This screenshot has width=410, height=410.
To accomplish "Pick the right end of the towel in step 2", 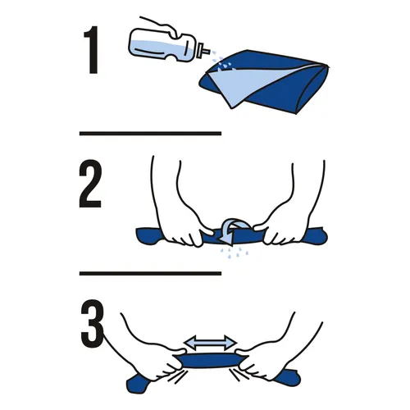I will [x=316, y=235].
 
